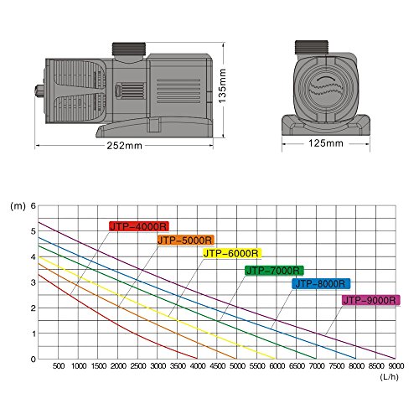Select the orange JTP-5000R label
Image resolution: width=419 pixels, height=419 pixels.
pos(184,240)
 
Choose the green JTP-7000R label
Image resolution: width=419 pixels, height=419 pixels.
pos(274,270)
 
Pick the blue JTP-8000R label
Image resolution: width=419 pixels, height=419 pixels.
pos(322,284)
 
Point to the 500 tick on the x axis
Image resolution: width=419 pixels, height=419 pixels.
pos(59,367)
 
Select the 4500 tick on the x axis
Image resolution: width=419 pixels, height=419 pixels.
pos(217,367)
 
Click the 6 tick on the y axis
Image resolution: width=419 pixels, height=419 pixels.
pos(34,205)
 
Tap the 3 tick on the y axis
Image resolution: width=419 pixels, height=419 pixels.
pos(34,282)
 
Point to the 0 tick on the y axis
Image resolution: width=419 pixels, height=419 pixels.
pos(34,360)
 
